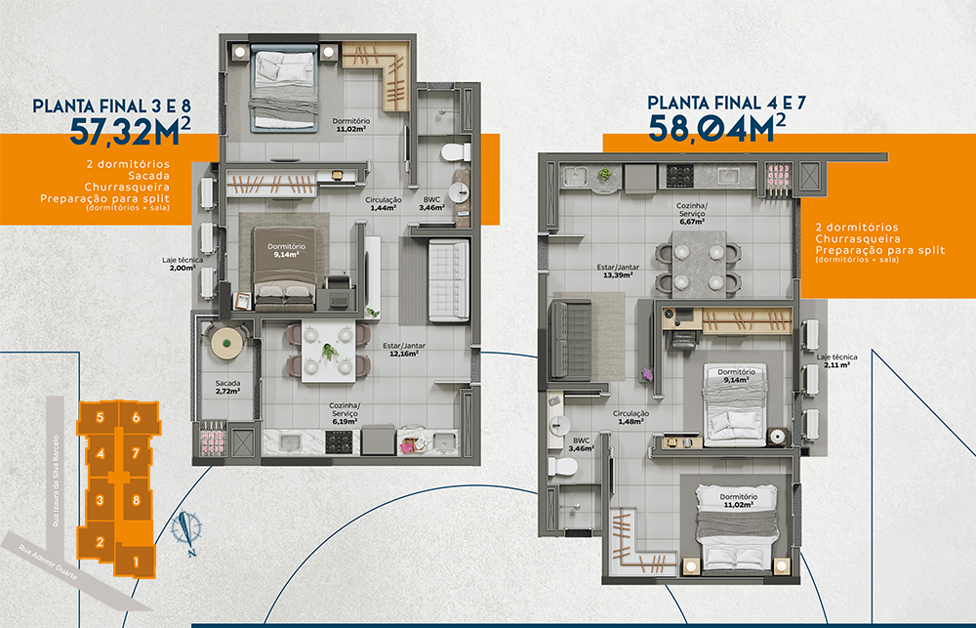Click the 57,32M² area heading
[130, 131]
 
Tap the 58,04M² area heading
[716, 127]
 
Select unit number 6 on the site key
[137, 418]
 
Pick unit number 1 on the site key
[136, 563]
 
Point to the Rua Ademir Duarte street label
[48, 563]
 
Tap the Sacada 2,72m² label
[227, 387]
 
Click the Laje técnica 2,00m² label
[183, 264]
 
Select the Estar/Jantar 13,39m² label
[618, 271]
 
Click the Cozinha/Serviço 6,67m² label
[692, 213]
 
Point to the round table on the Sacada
[226, 342]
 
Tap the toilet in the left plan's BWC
[456, 151]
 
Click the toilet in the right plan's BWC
[563, 466]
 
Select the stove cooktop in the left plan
[339, 442]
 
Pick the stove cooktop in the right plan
[679, 176]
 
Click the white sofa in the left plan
[449, 280]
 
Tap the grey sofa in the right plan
[570, 340]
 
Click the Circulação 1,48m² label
[630, 417]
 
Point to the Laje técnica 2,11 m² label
[836, 360]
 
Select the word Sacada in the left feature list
[148, 176]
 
